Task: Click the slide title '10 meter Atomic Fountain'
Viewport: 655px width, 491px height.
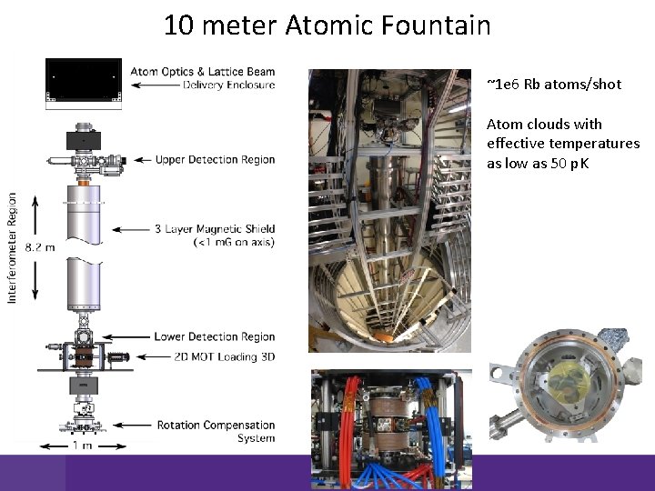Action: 327,25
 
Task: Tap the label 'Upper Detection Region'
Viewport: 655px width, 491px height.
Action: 215,160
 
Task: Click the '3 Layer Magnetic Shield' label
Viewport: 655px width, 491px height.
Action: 215,228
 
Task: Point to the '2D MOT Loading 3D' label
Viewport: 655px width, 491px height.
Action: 224,356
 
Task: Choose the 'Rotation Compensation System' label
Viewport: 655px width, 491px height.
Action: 216,425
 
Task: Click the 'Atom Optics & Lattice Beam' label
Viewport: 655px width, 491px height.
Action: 202,72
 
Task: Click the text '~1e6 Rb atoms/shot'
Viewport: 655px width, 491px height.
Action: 554,85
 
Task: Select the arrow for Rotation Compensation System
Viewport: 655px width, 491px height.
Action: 136,425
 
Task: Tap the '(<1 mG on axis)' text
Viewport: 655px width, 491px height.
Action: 234,242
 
